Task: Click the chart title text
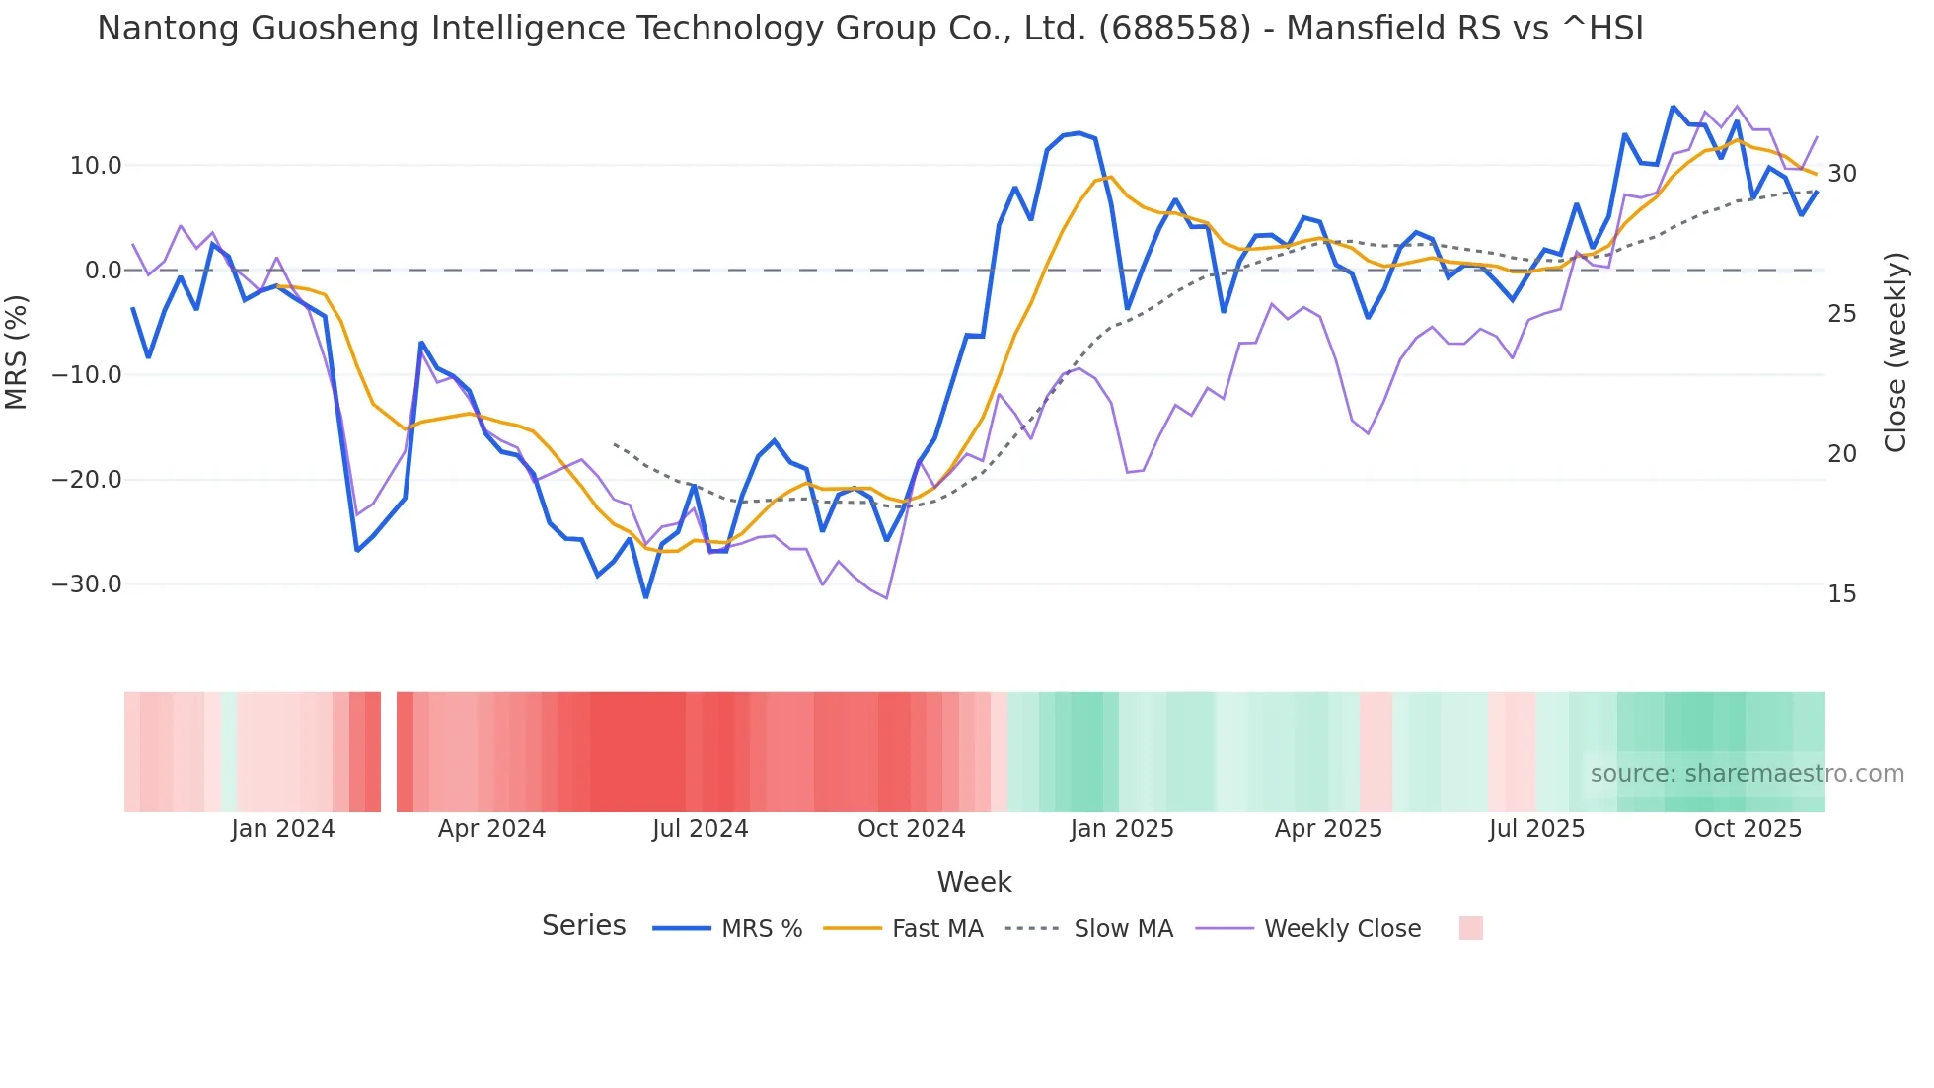pyautogui.click(x=869, y=29)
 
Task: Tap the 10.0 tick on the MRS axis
pyautogui.click(x=96, y=166)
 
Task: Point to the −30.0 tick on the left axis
pyautogui.click(x=88, y=584)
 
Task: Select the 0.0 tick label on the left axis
pyautogui.click(x=103, y=271)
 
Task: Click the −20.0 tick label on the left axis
pyautogui.click(x=88, y=480)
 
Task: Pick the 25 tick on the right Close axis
pyautogui.click(x=1841, y=314)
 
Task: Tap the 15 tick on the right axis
pyautogui.click(x=1841, y=594)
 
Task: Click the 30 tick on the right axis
pyautogui.click(x=1841, y=174)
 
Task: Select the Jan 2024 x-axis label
pyautogui.click(x=283, y=829)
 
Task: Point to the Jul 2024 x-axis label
pyautogui.click(x=701, y=829)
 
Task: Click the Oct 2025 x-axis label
pyautogui.click(x=1748, y=829)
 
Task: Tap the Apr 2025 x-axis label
pyautogui.click(x=1328, y=829)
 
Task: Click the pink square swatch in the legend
pyautogui.click(x=1470, y=928)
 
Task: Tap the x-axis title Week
pyautogui.click(x=974, y=882)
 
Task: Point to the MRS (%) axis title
pyautogui.click(x=17, y=351)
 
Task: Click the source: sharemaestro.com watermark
pyautogui.click(x=1747, y=774)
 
